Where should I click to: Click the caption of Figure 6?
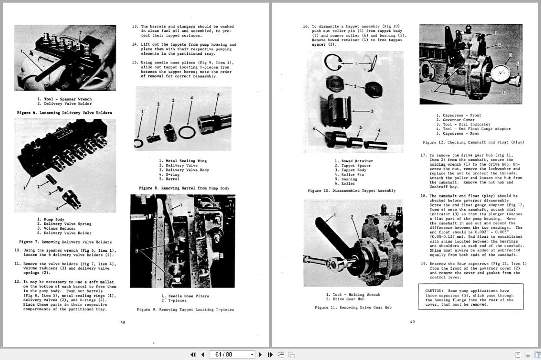point(64,113)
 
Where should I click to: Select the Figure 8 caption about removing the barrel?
point(184,188)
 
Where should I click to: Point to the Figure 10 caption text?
point(352,190)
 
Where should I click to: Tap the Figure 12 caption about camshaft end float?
point(473,142)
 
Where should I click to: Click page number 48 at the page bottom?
point(123,322)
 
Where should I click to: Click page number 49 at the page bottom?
point(412,322)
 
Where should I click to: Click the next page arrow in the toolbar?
point(260,354)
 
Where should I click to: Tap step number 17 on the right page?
point(423,155)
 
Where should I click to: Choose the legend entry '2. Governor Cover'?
point(455,120)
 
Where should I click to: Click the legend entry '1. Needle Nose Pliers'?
point(185,296)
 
